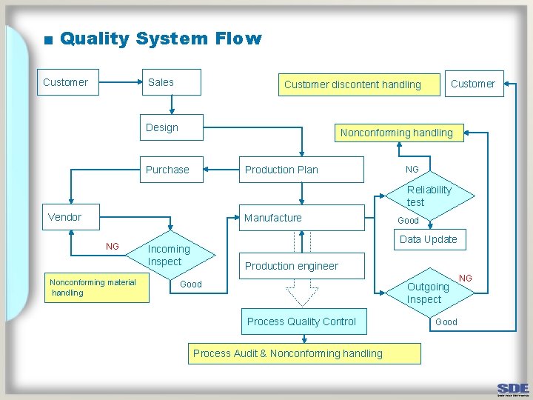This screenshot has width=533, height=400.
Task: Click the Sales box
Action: (x=171, y=83)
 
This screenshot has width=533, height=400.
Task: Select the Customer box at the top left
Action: (x=65, y=82)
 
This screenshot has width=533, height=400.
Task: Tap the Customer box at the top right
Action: (x=473, y=84)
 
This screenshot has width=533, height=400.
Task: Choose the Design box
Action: (x=172, y=127)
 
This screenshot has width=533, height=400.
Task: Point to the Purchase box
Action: (x=173, y=170)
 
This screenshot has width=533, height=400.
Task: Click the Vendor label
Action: (x=64, y=217)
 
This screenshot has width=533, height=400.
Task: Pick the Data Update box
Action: (x=428, y=239)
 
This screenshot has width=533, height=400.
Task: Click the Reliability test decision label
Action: (x=429, y=196)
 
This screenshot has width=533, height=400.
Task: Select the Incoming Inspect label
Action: (x=169, y=256)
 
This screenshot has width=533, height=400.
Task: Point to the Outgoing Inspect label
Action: (x=427, y=293)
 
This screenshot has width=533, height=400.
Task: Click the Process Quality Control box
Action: (x=301, y=321)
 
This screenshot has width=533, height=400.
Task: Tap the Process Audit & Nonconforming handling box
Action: (x=304, y=353)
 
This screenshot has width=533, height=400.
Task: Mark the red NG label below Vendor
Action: (x=112, y=246)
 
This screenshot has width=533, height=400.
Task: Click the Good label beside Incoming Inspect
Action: (x=191, y=284)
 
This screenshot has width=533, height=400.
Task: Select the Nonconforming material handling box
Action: (x=93, y=287)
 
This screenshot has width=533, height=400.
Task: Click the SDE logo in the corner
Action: (x=513, y=388)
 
